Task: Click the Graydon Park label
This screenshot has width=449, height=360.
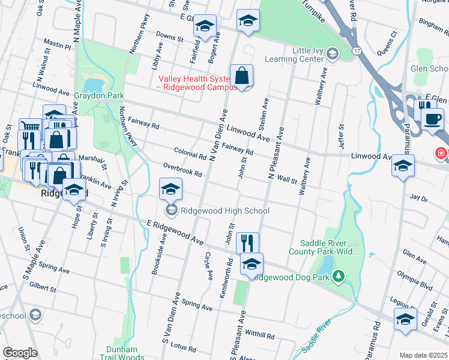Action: click(98, 95)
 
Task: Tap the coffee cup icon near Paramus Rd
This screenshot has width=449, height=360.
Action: click(432, 119)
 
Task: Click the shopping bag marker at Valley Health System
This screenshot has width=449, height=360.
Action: click(241, 77)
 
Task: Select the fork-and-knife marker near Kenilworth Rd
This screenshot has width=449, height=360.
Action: click(247, 243)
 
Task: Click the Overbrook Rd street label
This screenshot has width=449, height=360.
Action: click(182, 170)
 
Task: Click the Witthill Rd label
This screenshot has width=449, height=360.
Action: click(259, 335)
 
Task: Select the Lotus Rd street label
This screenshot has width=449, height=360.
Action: click(179, 346)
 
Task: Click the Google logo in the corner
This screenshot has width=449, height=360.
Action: click(20, 353)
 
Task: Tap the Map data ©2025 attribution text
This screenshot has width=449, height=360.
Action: click(423, 355)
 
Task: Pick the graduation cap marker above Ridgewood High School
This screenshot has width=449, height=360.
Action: click(170, 190)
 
